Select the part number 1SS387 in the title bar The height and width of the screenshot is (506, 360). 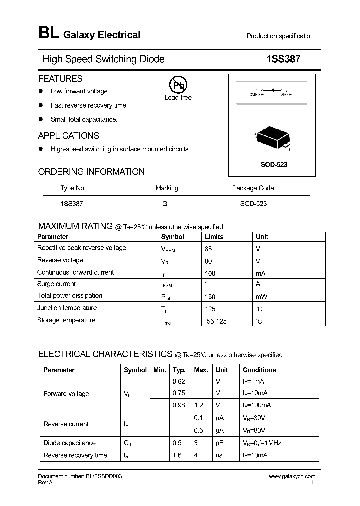[283, 59]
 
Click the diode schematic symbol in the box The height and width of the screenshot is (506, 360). [272, 91]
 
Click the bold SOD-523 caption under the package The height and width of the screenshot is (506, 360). [274, 164]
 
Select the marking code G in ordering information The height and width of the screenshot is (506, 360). [165, 204]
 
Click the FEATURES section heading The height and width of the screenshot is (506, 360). [60, 79]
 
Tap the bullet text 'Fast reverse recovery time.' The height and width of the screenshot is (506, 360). [89, 106]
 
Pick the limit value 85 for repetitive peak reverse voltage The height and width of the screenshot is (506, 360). [209, 248]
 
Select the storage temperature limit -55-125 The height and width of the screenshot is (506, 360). [215, 321]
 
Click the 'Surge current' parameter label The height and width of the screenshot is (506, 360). [56, 284]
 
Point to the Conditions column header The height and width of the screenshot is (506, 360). [259, 370]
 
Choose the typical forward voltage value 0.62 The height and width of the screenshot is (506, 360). [178, 381]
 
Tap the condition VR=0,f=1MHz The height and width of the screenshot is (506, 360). [262, 443]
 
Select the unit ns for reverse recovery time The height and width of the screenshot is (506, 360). [218, 455]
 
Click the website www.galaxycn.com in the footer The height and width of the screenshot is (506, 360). [292, 477]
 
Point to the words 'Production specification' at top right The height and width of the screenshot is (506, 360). [280, 36]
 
